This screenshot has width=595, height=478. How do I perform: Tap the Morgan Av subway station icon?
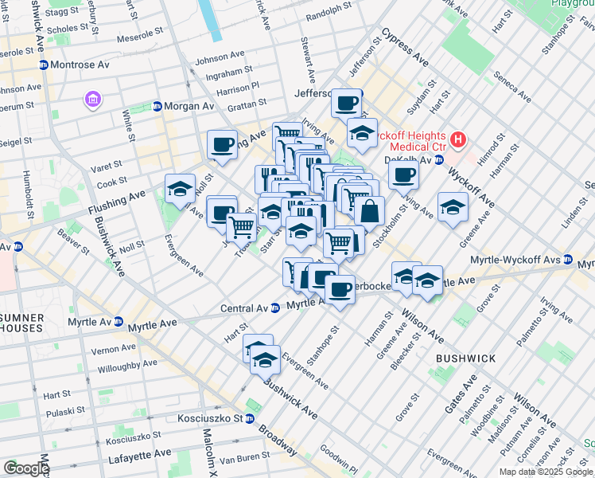click(x=157, y=106)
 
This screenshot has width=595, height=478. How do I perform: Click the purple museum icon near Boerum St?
click(x=94, y=100)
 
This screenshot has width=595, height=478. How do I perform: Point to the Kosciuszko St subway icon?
click(x=249, y=418)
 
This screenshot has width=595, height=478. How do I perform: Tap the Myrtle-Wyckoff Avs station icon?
click(x=568, y=260)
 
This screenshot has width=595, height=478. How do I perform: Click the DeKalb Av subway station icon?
click(x=438, y=160)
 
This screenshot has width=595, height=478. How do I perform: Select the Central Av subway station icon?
click(x=274, y=308)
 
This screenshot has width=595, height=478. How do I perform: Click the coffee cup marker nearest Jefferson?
click(x=347, y=103)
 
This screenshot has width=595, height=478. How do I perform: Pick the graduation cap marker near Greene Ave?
click(x=453, y=207)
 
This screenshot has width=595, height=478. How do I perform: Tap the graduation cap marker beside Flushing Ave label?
click(x=181, y=189)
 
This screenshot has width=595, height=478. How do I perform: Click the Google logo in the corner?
click(x=26, y=468)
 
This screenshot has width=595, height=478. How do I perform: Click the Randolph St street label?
click(x=329, y=11)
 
